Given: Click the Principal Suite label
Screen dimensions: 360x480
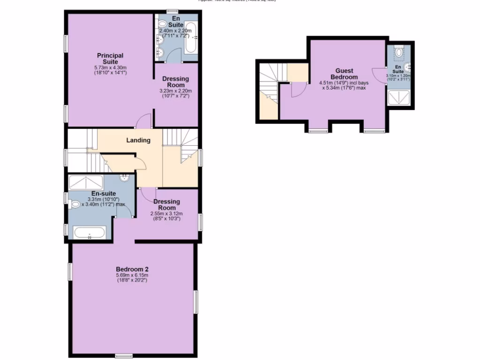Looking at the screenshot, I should tap(110, 59).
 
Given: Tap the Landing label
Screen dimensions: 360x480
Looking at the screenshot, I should tap(138, 140).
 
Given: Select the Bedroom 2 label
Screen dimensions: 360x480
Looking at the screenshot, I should tap(132, 269).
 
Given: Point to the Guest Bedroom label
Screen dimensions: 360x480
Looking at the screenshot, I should tap(344, 74).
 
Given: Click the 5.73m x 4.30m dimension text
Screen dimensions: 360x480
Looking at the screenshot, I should tap(110, 67).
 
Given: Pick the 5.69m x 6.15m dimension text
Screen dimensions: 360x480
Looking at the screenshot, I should tap(132, 275).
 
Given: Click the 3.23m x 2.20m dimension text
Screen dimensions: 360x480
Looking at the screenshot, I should tap(176, 91).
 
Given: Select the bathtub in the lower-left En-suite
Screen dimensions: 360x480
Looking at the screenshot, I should tap(90, 232).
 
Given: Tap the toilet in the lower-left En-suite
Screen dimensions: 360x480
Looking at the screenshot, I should tap(75, 204).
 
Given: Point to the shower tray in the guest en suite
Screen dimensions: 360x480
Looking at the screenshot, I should tap(399, 98).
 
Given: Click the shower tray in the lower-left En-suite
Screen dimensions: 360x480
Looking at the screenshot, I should tap(86, 181).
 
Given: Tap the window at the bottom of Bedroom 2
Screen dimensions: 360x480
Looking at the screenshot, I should tap(124, 356).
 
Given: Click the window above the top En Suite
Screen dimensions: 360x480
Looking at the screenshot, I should tap(172, 11).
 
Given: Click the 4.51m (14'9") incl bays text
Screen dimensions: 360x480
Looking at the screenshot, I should tap(344, 83).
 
